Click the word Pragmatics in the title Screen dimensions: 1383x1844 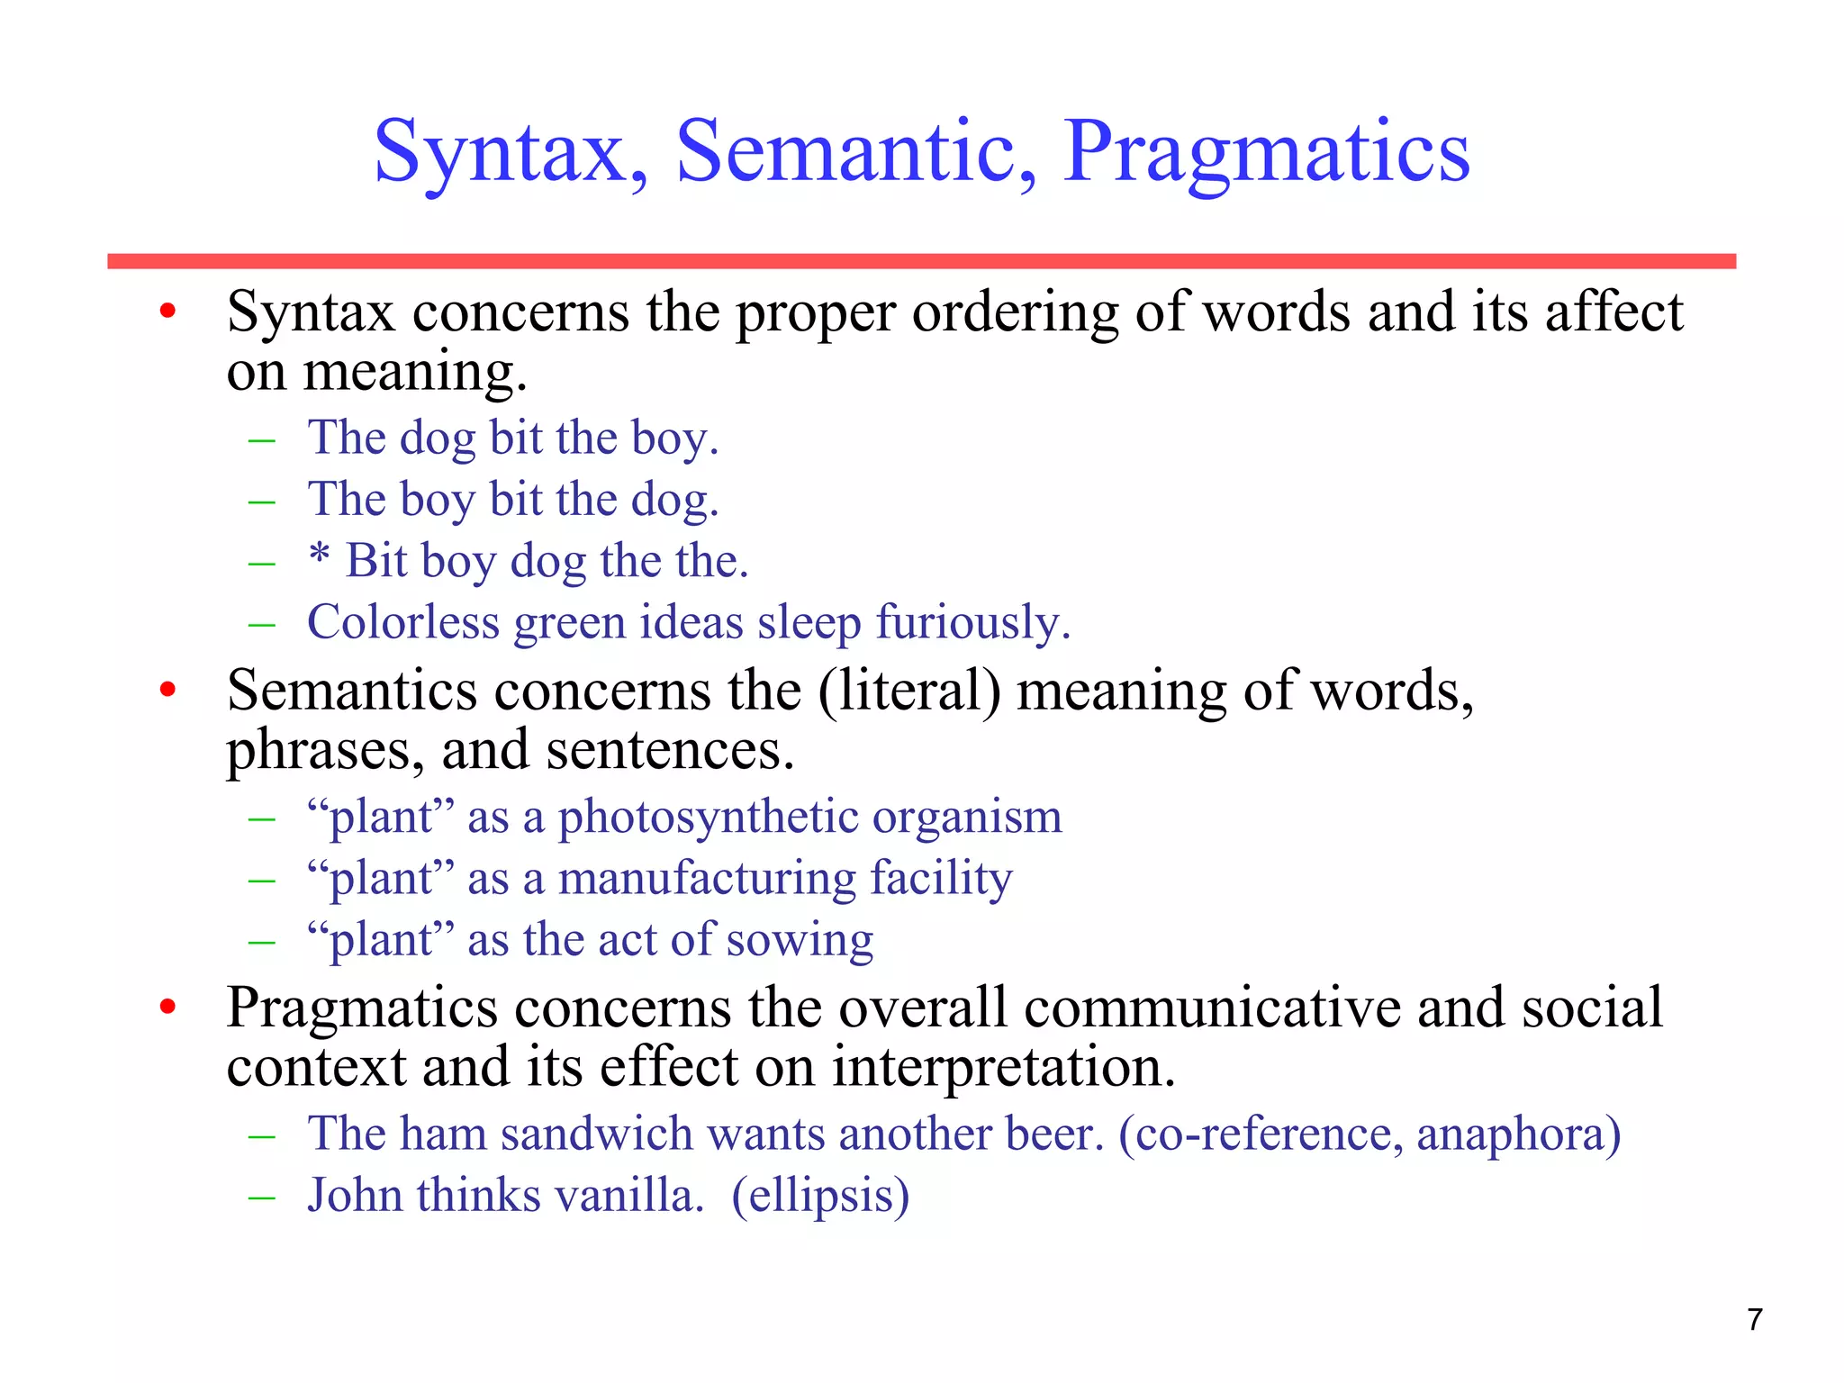coord(1266,153)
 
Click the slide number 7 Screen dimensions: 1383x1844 coord(1754,1320)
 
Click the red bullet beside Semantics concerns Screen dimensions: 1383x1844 coord(167,691)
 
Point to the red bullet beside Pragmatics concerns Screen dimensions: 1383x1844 coord(167,1008)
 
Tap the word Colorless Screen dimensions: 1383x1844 coord(402,622)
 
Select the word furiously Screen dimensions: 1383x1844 coord(972,622)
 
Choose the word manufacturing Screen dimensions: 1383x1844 coord(707,879)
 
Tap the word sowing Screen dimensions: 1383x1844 coord(800,941)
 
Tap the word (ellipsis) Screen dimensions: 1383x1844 coord(820,1197)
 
